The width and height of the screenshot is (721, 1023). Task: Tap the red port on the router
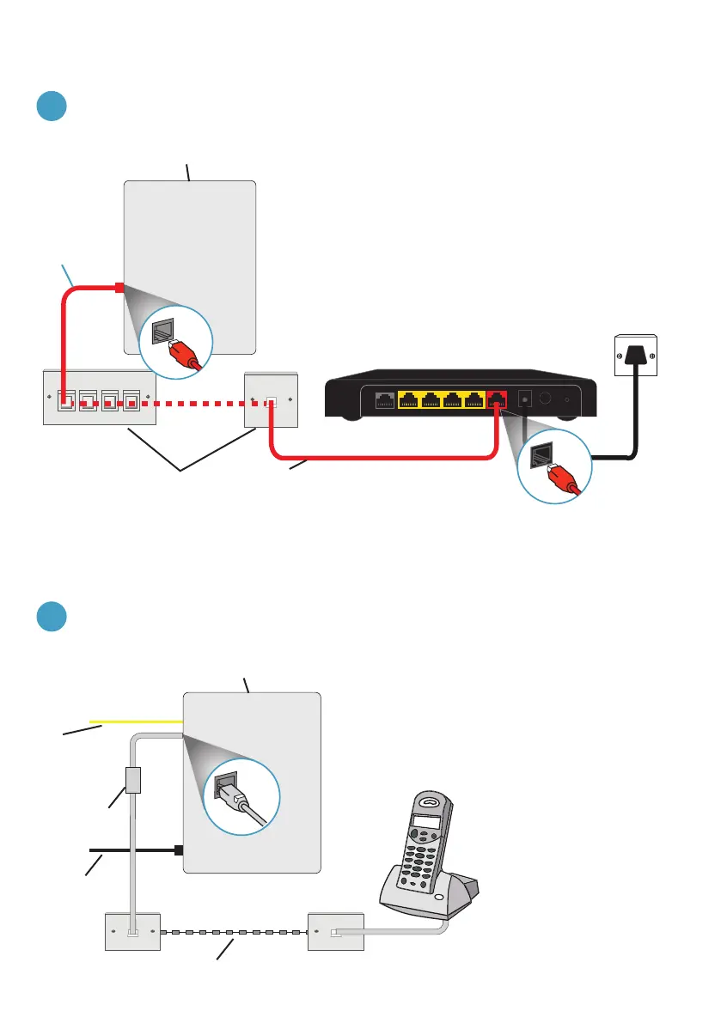coord(497,399)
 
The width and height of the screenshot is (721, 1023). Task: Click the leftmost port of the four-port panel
coord(66,400)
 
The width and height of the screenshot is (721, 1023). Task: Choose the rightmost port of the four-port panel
coord(131,400)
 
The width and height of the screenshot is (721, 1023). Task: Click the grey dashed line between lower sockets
coord(232,931)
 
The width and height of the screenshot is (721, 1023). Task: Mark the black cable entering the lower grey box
coord(137,850)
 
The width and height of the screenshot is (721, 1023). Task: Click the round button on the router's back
coord(545,399)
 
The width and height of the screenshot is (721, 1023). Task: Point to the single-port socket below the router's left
coord(271,400)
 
